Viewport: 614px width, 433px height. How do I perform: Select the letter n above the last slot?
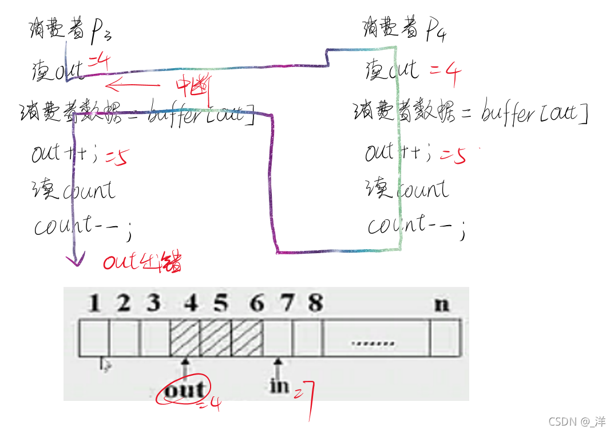(x=441, y=304)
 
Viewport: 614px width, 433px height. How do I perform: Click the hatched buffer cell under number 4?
(x=185, y=337)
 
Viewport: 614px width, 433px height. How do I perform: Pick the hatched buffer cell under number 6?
(x=247, y=337)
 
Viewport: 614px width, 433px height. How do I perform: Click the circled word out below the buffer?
(x=184, y=390)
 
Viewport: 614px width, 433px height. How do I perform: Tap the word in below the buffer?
(x=279, y=385)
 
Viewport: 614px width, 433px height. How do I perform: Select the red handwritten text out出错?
(x=142, y=262)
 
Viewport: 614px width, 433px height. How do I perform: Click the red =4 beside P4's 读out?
(x=445, y=73)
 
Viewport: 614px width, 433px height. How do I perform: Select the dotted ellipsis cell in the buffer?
(x=373, y=343)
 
